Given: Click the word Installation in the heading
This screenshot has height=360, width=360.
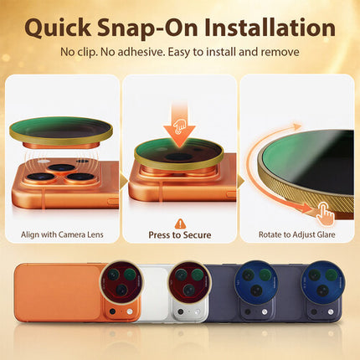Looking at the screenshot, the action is (x=270, y=28).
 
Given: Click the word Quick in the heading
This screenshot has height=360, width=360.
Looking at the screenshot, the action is (x=58, y=28).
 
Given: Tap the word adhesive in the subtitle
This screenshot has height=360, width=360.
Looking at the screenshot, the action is (x=140, y=52).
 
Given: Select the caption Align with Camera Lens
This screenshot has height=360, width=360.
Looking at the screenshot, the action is (x=62, y=234).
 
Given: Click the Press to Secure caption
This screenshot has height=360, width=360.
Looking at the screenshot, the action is (x=180, y=235).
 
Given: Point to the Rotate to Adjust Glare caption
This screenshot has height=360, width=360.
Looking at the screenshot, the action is (x=296, y=234).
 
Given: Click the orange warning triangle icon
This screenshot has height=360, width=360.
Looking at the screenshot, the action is (x=180, y=224).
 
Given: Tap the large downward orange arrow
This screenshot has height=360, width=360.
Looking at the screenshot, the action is (x=179, y=124).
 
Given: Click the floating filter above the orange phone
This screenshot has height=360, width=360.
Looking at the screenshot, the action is (x=61, y=132).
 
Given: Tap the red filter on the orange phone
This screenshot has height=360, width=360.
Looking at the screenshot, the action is (x=122, y=282).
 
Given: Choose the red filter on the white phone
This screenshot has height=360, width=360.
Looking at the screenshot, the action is (x=189, y=282).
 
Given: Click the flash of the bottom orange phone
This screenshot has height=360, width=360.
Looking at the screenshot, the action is (x=129, y=311).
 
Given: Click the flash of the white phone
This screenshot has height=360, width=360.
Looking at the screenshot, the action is (x=197, y=311).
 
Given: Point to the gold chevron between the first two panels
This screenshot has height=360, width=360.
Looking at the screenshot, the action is (x=124, y=182).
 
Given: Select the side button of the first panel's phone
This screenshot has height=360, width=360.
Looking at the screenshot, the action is (x=113, y=200).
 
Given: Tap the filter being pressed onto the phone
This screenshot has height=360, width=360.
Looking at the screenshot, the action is (x=179, y=154).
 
